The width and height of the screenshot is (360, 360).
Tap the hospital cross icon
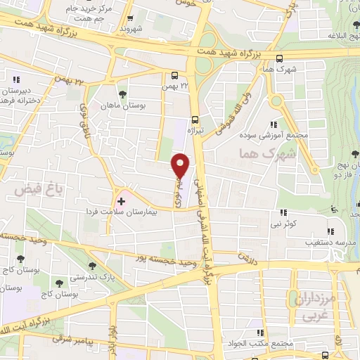coord(121,201)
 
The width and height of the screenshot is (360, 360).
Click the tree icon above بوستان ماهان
coord(122,93)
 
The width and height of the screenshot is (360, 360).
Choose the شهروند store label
coord(132,30)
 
